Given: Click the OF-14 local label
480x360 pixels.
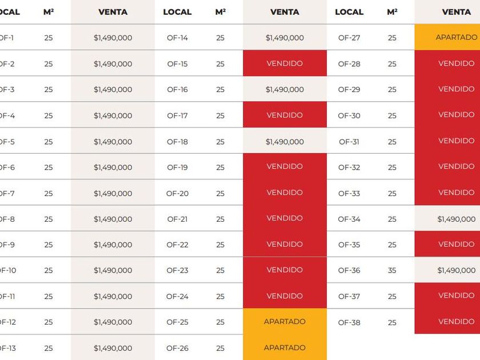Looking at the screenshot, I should pos(177,38).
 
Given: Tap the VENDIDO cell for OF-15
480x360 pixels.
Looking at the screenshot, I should pos(285,63).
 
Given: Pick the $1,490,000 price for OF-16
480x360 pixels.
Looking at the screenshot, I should pos(285,90).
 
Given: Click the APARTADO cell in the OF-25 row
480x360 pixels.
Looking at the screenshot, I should pos(285,322).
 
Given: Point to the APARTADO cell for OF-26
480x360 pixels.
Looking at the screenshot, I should pos(285,347).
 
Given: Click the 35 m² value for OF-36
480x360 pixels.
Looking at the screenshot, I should pos(392,270).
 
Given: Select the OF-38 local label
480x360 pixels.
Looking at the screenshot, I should pos(349,322).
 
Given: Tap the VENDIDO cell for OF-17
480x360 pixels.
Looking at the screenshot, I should pos(285,115).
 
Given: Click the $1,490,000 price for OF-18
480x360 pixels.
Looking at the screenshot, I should pos(285,142).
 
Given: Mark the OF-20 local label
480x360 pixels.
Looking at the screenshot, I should pos(177,193).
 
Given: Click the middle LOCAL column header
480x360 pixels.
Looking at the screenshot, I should pos(177,12).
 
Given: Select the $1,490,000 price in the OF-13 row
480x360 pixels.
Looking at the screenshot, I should pos(113,348).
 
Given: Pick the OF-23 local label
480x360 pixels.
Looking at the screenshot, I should pos(177,270).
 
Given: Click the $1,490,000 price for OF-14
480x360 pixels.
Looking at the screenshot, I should pos(285,38).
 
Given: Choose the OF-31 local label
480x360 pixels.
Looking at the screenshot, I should pos(349,142).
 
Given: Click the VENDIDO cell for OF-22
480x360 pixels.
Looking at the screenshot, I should pos(285,244).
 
